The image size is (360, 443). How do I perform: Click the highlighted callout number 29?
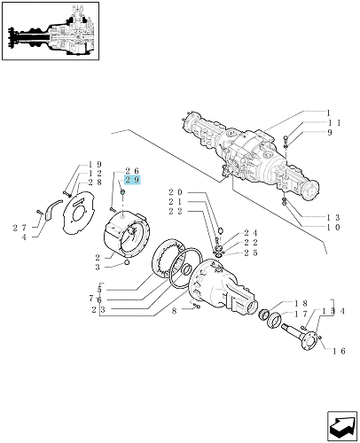(x=132, y=180)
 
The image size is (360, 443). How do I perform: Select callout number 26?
(x=132, y=171)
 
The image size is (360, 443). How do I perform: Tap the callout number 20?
(x=176, y=192)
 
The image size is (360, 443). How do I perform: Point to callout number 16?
(x=339, y=351)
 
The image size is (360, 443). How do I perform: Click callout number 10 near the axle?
(x=333, y=227)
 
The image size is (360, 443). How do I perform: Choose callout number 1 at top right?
(x=328, y=113)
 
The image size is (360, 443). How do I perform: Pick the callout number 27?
(x=20, y=228)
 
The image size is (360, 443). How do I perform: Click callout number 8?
(x=174, y=311)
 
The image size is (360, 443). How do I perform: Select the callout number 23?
(x=98, y=309)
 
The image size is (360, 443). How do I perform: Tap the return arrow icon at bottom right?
(x=341, y=425)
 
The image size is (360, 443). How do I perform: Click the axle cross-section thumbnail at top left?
(x=51, y=31)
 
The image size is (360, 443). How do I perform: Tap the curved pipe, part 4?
(x=53, y=208)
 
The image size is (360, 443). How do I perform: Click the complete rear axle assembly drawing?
(x=251, y=156)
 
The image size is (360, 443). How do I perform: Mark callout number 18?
(x=301, y=303)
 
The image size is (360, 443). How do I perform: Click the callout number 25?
(x=251, y=253)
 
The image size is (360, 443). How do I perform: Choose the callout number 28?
(x=95, y=182)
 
